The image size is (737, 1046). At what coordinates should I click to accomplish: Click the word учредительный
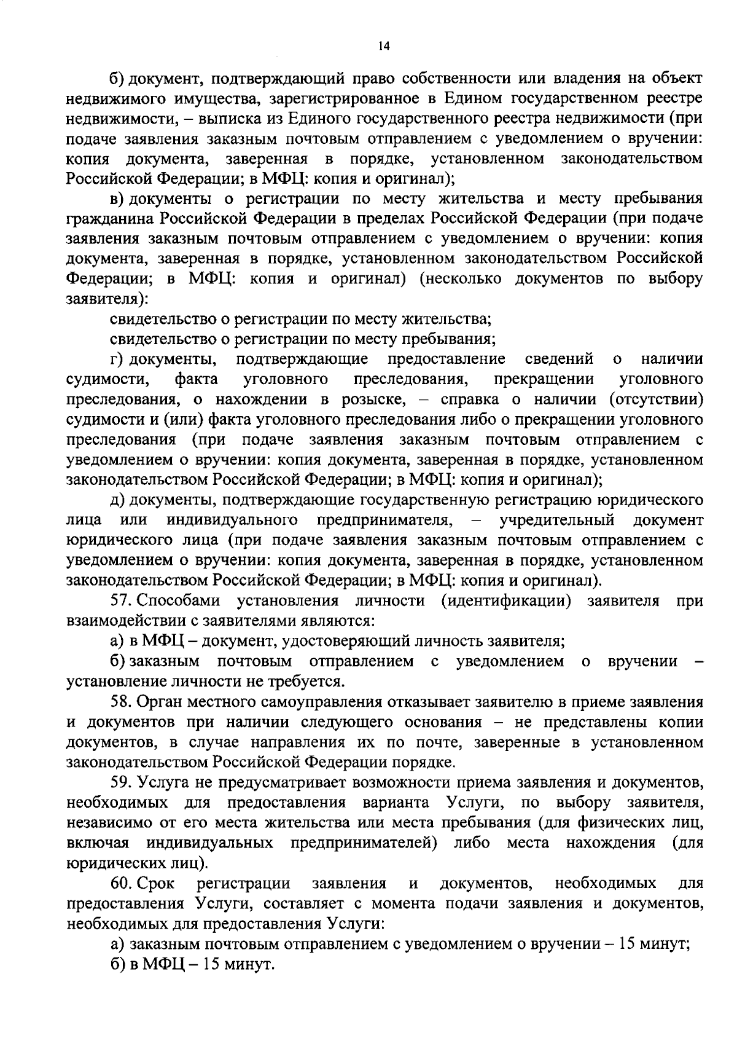click(557, 520)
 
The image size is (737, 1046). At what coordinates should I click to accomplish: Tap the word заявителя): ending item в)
click(107, 299)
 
